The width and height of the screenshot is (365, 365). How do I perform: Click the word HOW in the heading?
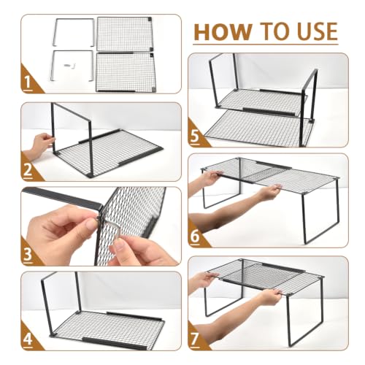[223, 31]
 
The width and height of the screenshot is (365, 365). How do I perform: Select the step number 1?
[28, 82]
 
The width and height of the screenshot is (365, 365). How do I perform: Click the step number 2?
[28, 170]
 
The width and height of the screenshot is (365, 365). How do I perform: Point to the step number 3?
[28, 254]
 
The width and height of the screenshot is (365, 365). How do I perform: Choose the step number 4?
[28, 339]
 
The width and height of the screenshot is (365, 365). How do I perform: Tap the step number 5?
[195, 136]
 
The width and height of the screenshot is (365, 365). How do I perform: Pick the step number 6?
[195, 236]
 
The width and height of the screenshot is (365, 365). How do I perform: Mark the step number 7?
[195, 339]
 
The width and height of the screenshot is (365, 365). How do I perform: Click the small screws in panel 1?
[69, 65]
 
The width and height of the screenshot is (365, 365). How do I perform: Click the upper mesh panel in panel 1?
[124, 34]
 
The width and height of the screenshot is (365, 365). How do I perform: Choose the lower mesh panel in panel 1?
[125, 72]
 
